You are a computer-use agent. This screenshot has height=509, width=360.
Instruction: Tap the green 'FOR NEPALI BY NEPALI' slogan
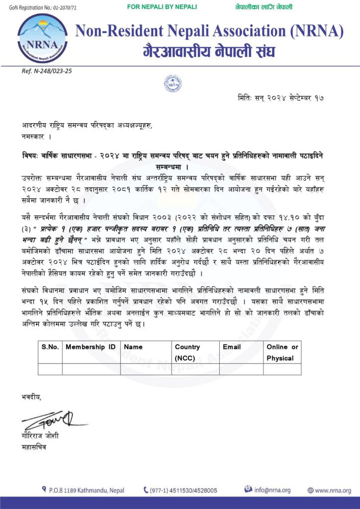tap(162, 7)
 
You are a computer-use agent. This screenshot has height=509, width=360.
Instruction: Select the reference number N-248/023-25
tap(47, 71)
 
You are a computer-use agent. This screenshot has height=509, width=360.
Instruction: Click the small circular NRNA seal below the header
tap(173, 83)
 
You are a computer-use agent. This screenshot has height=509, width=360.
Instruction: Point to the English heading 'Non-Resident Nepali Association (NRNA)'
tap(209, 32)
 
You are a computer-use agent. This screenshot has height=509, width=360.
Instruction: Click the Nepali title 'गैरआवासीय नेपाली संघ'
tap(209, 51)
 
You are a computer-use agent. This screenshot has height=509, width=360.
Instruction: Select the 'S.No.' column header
tap(50, 347)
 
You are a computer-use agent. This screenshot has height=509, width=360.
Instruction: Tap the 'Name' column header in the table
tap(133, 347)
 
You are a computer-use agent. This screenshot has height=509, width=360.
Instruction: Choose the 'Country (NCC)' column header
tap(187, 352)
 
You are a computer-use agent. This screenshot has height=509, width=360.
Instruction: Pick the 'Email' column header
tap(232, 347)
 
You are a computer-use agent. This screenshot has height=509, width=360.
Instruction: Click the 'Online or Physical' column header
tap(282, 352)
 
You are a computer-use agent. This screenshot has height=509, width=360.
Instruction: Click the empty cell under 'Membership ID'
tap(91, 369)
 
